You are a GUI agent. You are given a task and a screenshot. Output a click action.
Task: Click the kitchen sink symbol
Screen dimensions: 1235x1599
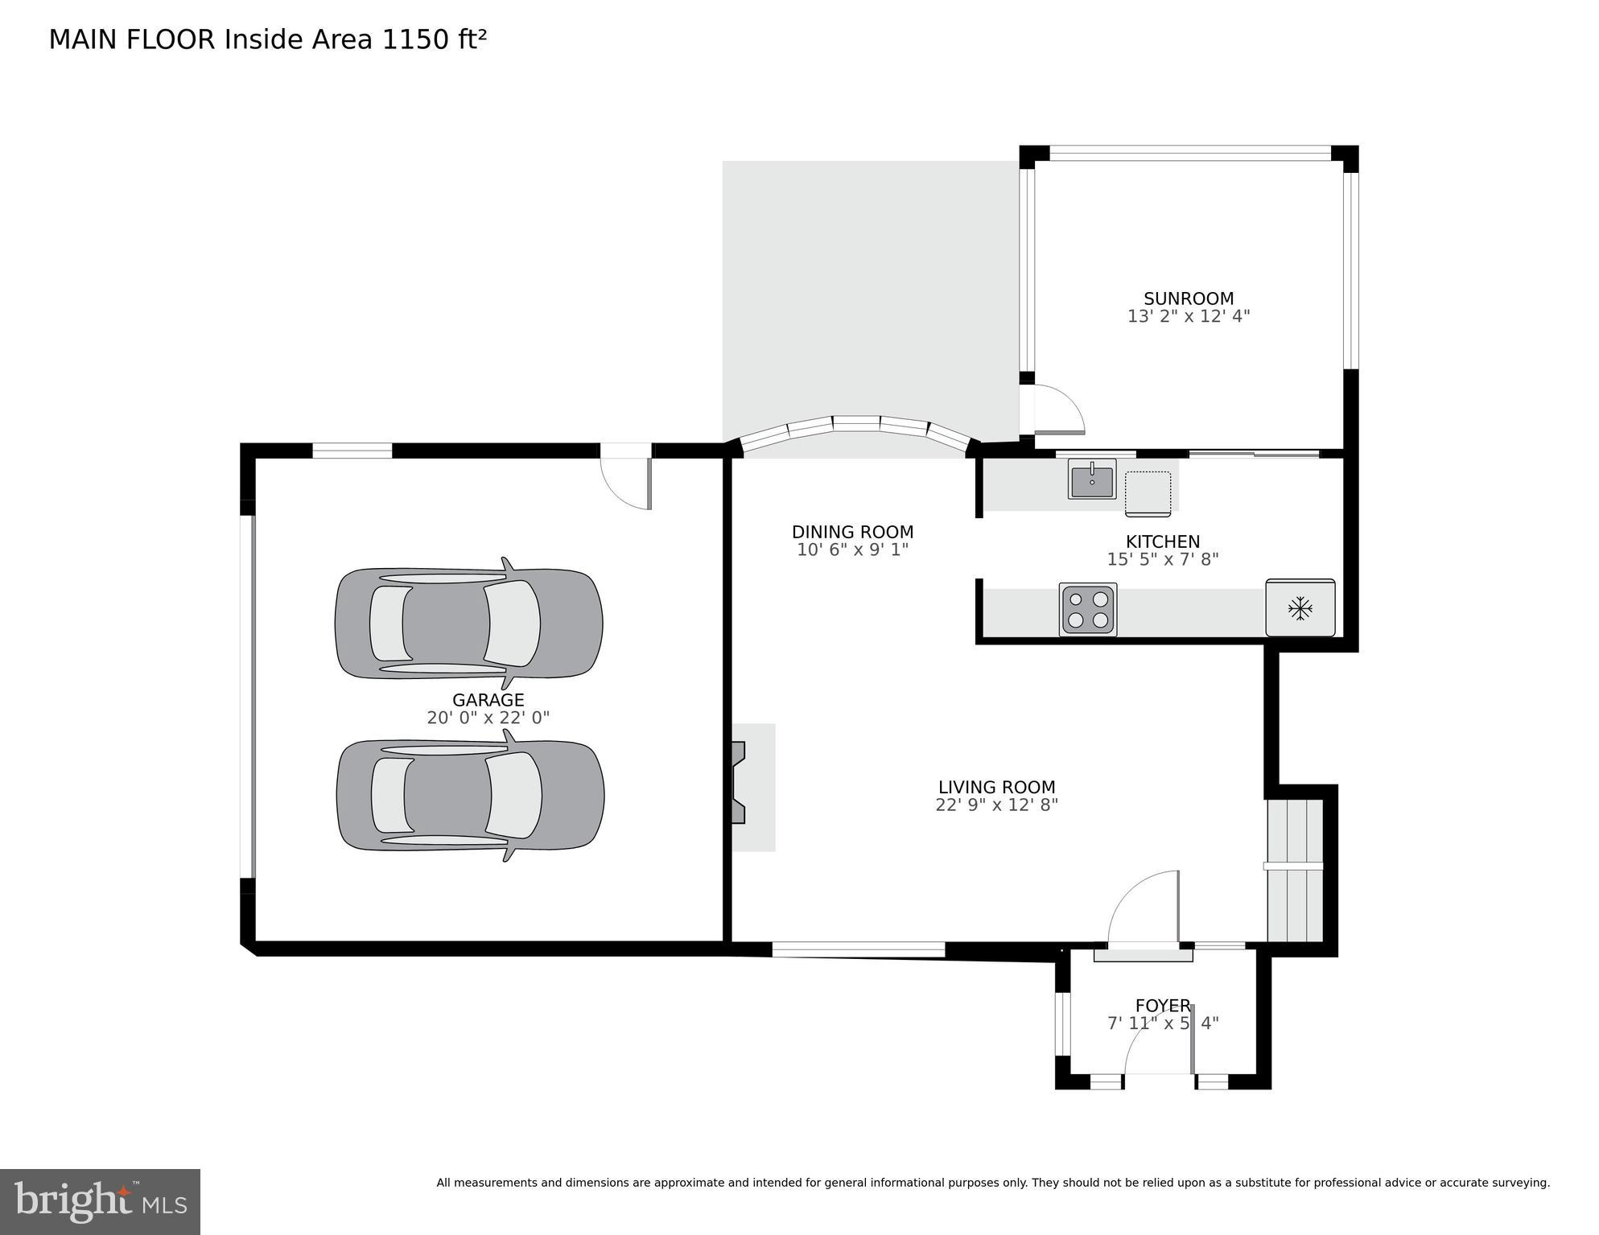[1091, 480]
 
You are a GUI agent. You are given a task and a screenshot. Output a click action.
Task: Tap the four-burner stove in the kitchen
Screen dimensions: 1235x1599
[1088, 609]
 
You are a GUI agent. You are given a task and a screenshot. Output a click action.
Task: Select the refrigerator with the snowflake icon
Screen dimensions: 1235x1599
[1300, 607]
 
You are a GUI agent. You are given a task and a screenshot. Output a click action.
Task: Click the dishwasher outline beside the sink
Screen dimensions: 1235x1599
[1148, 493]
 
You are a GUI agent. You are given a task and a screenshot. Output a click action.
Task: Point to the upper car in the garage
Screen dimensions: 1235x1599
[468, 624]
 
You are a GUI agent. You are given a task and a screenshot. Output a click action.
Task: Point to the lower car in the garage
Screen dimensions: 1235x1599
[470, 795]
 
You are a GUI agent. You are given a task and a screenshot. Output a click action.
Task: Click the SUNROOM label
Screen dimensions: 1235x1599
[1189, 298]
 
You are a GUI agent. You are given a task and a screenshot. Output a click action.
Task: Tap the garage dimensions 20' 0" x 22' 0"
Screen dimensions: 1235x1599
[488, 718]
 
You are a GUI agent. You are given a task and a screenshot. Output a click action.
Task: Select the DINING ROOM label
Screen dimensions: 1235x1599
[852, 532]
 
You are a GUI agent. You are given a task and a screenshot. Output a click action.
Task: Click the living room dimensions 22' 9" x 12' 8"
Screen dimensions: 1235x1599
[996, 805]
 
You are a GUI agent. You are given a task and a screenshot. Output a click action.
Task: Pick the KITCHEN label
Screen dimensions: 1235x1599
[1162, 541]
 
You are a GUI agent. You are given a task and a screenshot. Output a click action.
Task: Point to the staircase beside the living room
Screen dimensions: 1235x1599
[1294, 869]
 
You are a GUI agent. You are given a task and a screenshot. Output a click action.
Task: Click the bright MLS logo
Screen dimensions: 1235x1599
[100, 1202]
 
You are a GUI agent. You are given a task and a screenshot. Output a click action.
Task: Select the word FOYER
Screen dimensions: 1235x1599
[1162, 1005]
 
